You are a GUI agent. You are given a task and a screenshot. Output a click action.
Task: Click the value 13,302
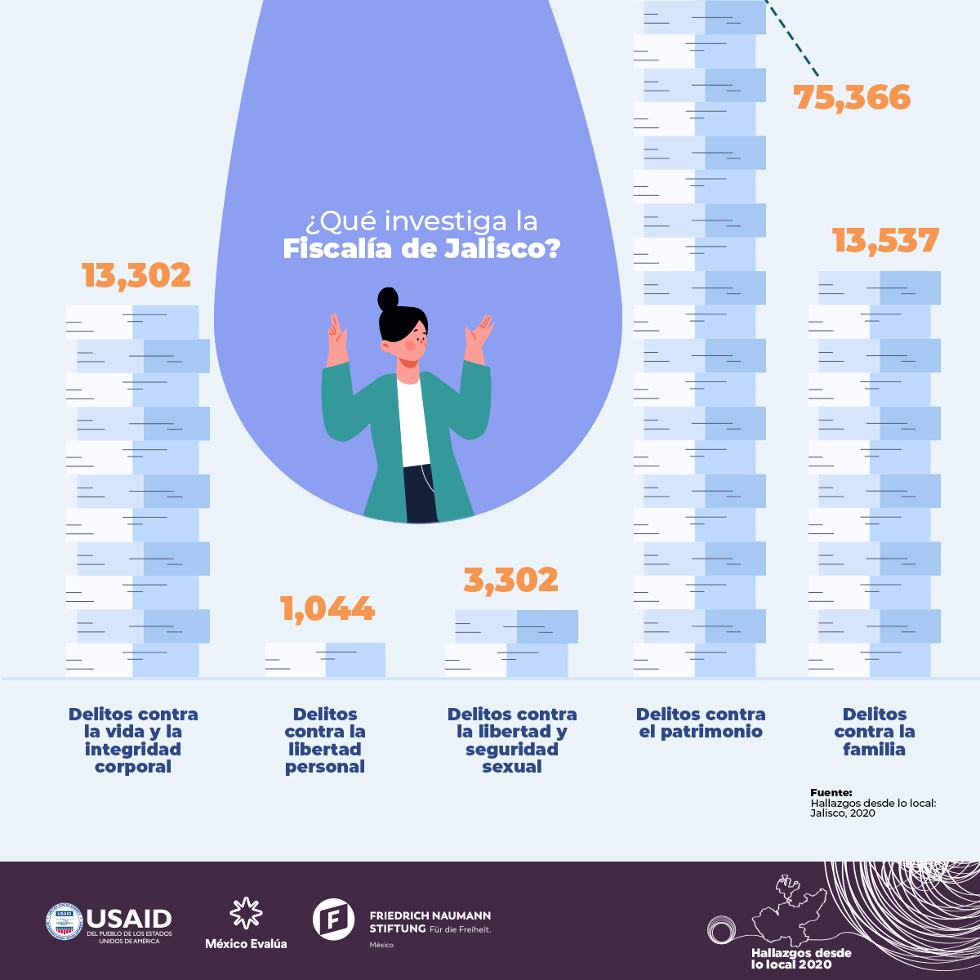pyautogui.click(x=136, y=276)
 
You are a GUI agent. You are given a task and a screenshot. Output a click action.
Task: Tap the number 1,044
pyautogui.click(x=327, y=609)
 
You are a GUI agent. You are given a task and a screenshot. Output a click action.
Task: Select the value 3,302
pyautogui.click(x=511, y=580)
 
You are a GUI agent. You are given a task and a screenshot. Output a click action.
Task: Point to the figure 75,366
pyautogui.click(x=852, y=98)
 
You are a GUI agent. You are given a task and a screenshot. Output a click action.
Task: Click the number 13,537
pyautogui.click(x=885, y=241)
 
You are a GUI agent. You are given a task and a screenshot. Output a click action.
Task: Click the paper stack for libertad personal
pyautogui.click(x=325, y=660)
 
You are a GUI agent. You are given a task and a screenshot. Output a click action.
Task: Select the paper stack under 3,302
pyautogui.click(x=511, y=644)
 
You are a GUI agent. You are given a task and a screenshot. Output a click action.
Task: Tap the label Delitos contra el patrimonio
pyautogui.click(x=701, y=724)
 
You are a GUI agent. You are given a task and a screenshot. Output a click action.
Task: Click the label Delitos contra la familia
pyautogui.click(x=875, y=732)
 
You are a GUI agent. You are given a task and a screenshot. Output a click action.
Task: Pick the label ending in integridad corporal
pyautogui.click(x=133, y=741)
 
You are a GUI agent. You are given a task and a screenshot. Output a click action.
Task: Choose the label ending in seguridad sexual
pyautogui.click(x=512, y=741)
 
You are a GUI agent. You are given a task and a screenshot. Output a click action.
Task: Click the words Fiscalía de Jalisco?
pyautogui.click(x=421, y=249)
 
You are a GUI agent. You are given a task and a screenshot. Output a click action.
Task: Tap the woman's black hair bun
pyautogui.click(x=389, y=298)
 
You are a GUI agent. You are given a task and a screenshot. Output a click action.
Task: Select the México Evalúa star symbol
pyautogui.click(x=246, y=913)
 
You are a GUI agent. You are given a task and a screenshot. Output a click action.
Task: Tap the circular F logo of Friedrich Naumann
pyautogui.click(x=333, y=919)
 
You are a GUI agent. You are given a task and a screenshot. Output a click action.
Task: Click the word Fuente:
pyautogui.click(x=831, y=793)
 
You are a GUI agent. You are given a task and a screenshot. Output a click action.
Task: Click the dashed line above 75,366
pyautogui.click(x=792, y=41)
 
